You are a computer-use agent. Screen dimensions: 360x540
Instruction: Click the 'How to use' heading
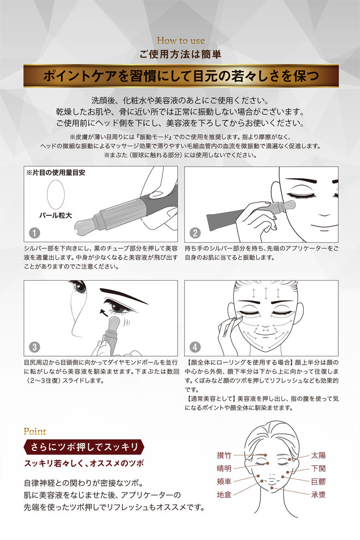click(180, 41)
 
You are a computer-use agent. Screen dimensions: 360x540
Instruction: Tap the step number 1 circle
click(35, 233)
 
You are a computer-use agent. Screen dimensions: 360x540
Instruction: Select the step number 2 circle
click(195, 233)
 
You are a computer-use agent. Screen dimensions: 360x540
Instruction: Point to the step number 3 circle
click(35, 347)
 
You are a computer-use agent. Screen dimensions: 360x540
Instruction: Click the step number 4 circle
click(195, 347)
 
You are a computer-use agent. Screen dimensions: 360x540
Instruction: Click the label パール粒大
click(55, 216)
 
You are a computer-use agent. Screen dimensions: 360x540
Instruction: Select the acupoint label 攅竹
click(224, 455)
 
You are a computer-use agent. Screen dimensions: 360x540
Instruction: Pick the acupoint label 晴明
click(224, 468)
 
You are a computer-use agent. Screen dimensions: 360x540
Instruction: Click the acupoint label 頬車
click(224, 481)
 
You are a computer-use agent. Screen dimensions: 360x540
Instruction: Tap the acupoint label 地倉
click(224, 495)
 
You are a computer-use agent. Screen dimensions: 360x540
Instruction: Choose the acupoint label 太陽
click(318, 455)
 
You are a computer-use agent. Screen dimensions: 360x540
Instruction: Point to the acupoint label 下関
click(318, 468)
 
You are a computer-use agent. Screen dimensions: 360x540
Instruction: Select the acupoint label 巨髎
click(318, 481)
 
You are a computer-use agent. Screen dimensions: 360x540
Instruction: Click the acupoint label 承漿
click(318, 495)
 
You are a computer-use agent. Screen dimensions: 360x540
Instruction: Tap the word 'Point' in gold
click(35, 432)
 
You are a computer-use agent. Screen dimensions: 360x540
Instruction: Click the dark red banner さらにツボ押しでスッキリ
click(84, 447)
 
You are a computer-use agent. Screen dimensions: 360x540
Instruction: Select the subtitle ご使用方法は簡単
click(180, 54)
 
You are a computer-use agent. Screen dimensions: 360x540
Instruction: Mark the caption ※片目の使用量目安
click(56, 173)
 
